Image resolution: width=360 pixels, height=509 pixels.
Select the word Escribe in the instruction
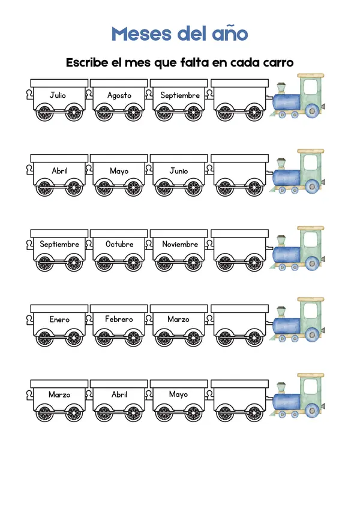point(87,62)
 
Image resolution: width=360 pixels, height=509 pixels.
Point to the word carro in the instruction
point(278,63)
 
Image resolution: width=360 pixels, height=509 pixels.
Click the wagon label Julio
point(58,95)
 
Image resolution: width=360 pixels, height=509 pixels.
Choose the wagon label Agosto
point(119,95)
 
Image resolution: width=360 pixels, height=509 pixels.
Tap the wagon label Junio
point(179,171)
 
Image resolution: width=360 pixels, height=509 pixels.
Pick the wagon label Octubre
point(119,244)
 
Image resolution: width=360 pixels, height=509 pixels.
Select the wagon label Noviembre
point(180,244)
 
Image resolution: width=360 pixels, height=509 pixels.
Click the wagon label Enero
point(59,320)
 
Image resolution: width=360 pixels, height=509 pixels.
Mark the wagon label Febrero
point(119,319)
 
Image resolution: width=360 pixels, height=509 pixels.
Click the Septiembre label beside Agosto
point(180,95)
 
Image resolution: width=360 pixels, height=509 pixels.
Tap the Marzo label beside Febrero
point(178,319)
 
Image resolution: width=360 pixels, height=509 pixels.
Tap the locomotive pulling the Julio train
point(297,97)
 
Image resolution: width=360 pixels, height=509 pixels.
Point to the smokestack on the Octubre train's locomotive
point(281,241)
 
